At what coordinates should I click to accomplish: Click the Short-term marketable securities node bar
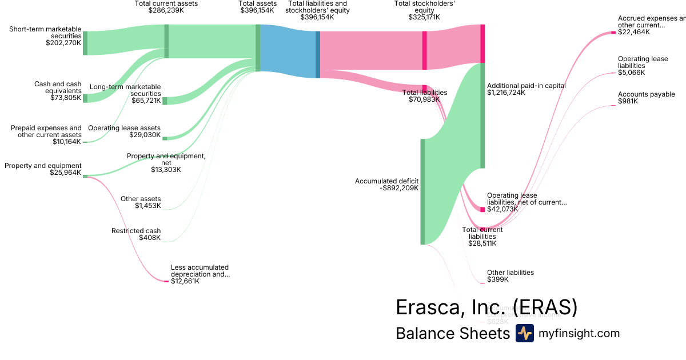click(x=85, y=43)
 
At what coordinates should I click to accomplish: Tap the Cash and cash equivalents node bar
click(x=85, y=98)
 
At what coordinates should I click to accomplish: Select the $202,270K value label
click(x=63, y=42)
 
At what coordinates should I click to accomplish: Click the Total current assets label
click(x=166, y=3)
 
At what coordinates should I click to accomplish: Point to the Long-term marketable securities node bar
click(x=165, y=101)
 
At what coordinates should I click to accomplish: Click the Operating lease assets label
click(x=124, y=128)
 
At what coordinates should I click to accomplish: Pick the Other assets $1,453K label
click(x=141, y=202)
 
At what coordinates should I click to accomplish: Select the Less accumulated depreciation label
click(x=200, y=271)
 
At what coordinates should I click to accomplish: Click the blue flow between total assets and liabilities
click(x=288, y=51)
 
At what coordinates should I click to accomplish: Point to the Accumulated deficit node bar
click(x=423, y=191)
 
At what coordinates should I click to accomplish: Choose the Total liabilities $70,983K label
click(x=424, y=96)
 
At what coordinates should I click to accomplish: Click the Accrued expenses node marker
click(x=613, y=32)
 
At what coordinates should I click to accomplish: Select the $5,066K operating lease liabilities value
click(x=631, y=73)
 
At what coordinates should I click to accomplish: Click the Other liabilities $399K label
click(x=510, y=276)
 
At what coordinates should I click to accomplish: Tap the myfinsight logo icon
click(x=524, y=333)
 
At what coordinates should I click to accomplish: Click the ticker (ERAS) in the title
click(x=545, y=307)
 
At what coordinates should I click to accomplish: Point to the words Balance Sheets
click(x=452, y=333)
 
